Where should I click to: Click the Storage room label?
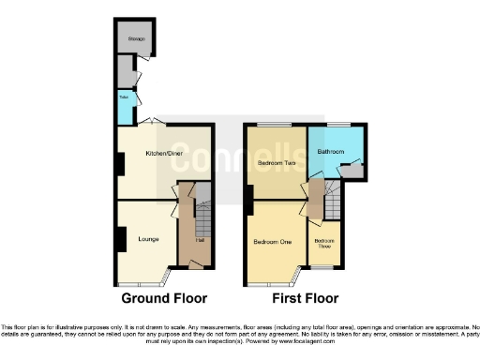click(x=135, y=38)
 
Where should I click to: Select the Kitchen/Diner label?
click(x=162, y=153)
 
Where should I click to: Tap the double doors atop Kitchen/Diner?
click(x=154, y=122)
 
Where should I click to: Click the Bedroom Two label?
click(x=276, y=161)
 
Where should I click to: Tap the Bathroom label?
click(x=330, y=150)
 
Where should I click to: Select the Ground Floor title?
click(x=163, y=298)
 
